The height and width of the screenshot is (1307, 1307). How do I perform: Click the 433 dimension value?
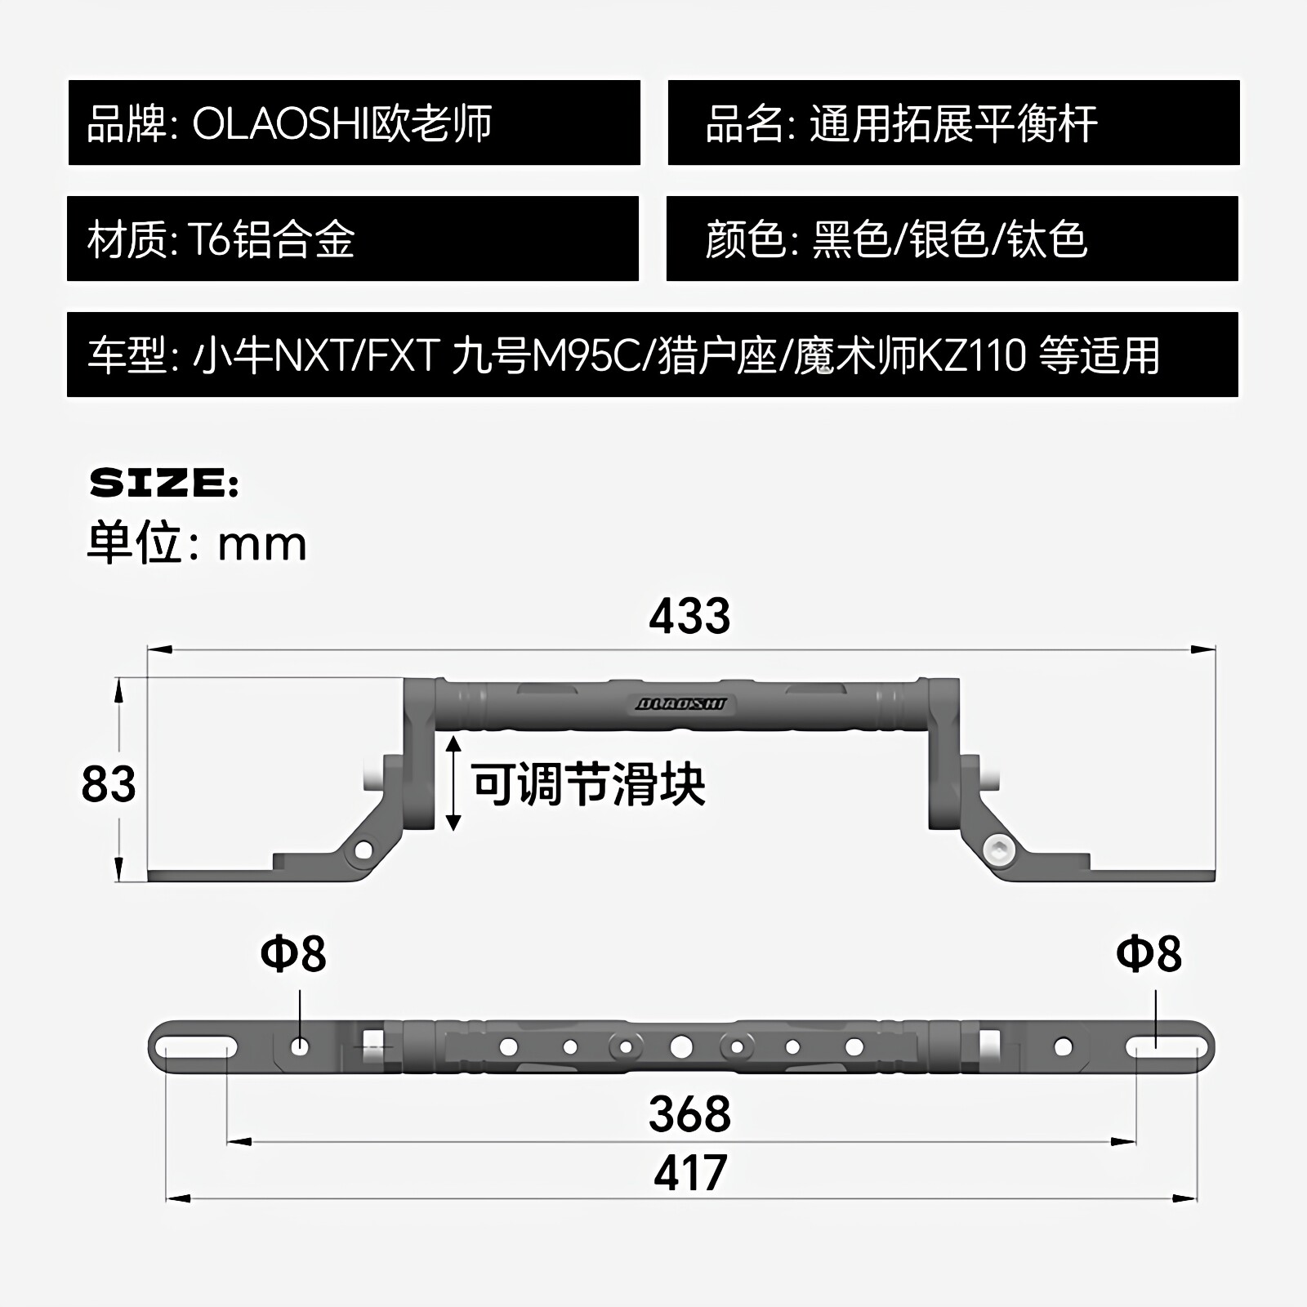tap(689, 616)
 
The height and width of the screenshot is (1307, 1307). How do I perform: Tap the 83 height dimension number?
tap(109, 783)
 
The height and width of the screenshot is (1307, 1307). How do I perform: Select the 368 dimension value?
tap(689, 1113)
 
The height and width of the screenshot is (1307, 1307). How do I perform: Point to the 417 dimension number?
tap(690, 1173)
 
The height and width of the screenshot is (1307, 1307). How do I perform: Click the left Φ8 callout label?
tap(293, 953)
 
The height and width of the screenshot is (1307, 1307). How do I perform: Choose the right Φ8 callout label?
tap(1149, 953)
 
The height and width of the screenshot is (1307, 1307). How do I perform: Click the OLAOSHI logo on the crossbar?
tap(680, 704)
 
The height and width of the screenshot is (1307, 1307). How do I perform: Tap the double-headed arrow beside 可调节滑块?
tap(454, 783)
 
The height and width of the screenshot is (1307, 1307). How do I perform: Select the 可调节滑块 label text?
tap(588, 784)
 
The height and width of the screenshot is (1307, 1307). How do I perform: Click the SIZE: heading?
tap(163, 484)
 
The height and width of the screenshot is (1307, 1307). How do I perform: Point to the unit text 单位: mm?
tap(197, 542)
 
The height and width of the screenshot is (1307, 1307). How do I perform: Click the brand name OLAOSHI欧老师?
tap(342, 123)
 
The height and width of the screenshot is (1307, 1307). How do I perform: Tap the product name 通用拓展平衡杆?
tap(953, 124)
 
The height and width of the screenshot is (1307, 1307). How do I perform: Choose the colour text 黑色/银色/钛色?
tap(949, 240)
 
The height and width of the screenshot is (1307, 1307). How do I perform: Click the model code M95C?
tap(587, 356)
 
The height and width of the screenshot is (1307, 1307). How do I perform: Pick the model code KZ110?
tap(972, 356)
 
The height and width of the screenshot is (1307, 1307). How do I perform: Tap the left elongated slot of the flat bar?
tap(197, 1046)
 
